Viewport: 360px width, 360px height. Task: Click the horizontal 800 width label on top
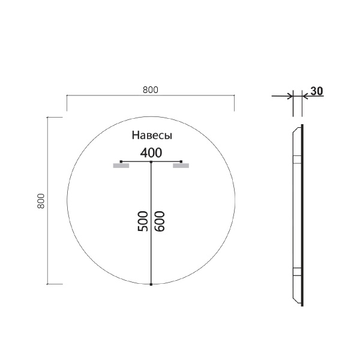pyautogui.click(x=150, y=90)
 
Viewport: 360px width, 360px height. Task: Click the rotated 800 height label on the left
pyautogui.click(x=41, y=200)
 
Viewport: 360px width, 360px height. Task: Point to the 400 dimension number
pyautogui.click(x=151, y=152)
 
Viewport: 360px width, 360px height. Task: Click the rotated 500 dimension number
pyautogui.click(x=143, y=221)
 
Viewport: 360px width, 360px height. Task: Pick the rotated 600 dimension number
pyautogui.click(x=160, y=221)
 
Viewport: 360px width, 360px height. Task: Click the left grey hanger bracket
pyautogui.click(x=121, y=166)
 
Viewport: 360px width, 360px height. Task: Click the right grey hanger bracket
pyautogui.click(x=181, y=166)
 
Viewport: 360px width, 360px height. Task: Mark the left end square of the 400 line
pyautogui.click(x=121, y=161)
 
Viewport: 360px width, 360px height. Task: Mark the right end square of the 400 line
pyautogui.click(x=181, y=161)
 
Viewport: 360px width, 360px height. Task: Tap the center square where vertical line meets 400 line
pyautogui.click(x=151, y=162)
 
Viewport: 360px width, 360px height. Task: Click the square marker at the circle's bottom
pyautogui.click(x=151, y=284)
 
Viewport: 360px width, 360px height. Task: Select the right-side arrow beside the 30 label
pyautogui.click(x=307, y=95)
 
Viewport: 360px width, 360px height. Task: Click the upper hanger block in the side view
pyautogui.click(x=296, y=160)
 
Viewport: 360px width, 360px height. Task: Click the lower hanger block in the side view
pyautogui.click(x=296, y=271)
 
